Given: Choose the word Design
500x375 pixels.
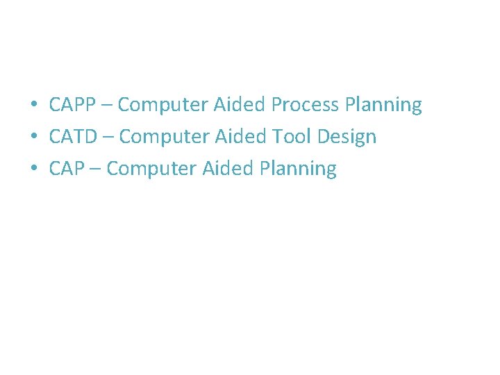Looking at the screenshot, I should (347, 137).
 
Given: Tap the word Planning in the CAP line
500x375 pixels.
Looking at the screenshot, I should (298, 169).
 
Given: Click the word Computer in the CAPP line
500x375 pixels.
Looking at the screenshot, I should (163, 106).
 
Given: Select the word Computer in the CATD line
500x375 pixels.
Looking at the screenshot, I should (165, 137).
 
